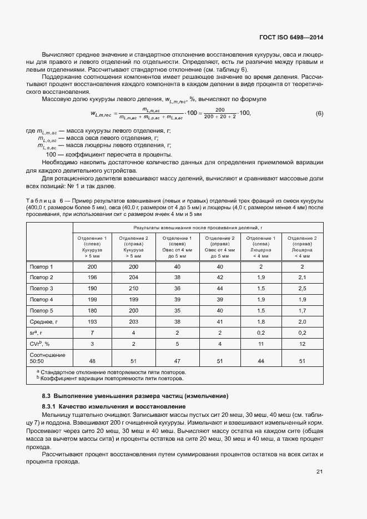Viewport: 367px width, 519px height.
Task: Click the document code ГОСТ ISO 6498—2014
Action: point(291,38)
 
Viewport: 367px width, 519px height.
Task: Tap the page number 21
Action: point(319,472)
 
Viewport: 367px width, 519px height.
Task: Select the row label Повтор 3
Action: point(42,289)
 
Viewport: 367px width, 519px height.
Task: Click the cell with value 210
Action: point(133,289)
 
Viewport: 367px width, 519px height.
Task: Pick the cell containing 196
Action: point(92,277)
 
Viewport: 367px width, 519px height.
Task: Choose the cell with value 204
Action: point(133,277)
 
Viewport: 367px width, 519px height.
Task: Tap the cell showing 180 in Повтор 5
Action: point(92,310)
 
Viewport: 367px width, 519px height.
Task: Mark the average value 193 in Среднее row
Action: point(92,321)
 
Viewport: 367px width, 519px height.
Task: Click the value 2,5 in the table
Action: point(302,289)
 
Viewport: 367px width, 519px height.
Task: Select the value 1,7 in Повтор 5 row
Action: point(302,310)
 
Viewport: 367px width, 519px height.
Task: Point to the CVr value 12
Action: point(302,344)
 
